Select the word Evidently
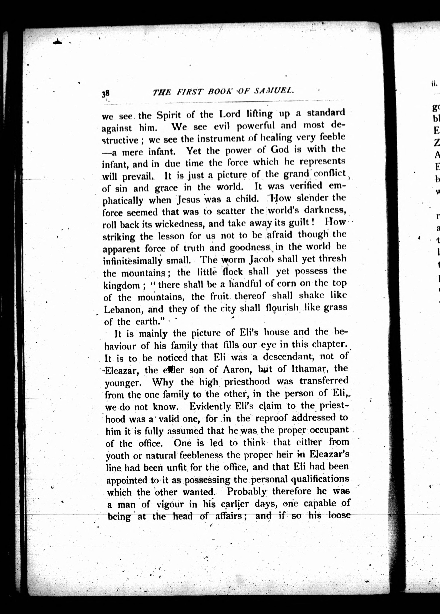click(210, 406)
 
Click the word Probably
click(247, 491)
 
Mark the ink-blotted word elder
click(173, 370)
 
